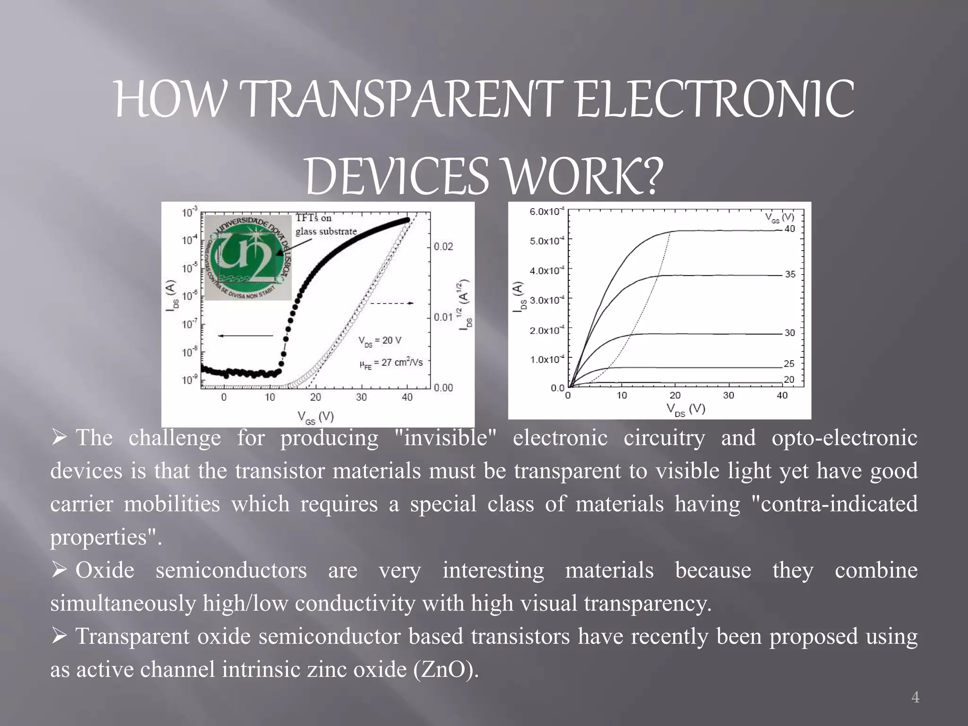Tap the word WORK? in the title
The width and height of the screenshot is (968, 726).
581,177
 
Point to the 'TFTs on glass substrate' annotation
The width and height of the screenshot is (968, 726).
326,225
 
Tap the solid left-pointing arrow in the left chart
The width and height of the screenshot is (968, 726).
245,336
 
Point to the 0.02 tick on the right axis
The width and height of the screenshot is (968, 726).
443,246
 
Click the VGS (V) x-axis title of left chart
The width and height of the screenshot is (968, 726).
316,417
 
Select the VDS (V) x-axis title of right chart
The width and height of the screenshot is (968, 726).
686,409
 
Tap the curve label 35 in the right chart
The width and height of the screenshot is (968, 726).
790,274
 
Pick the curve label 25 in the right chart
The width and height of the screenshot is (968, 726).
789,363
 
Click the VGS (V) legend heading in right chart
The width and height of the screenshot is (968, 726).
779,217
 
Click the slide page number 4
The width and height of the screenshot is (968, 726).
915,697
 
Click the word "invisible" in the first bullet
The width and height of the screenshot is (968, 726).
446,438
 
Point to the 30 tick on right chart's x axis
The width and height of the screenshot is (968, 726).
728,395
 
